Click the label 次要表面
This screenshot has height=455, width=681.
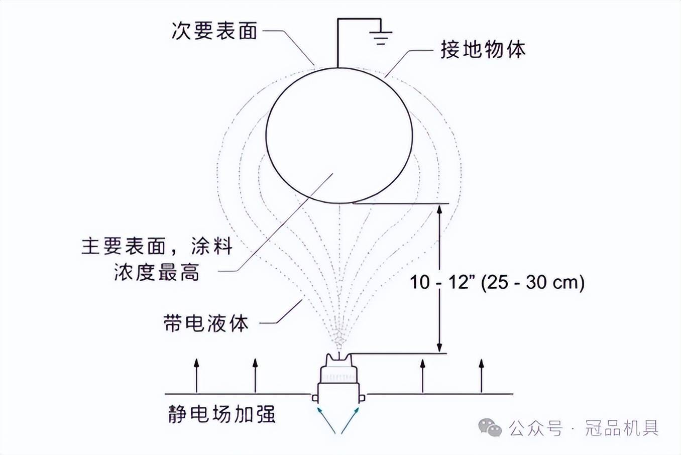point(214,31)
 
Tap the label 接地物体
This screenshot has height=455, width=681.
point(483,50)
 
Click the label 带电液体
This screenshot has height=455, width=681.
point(206,323)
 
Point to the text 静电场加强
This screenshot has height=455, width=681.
point(221,415)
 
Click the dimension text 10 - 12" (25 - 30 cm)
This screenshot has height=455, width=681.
point(497,282)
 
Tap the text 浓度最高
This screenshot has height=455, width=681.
point(157,272)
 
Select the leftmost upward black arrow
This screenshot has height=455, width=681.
point(196,374)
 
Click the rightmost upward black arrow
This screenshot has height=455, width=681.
point(482,374)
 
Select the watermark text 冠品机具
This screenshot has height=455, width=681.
point(621,428)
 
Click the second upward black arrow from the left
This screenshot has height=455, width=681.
point(255,374)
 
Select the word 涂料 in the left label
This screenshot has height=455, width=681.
point(211,247)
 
